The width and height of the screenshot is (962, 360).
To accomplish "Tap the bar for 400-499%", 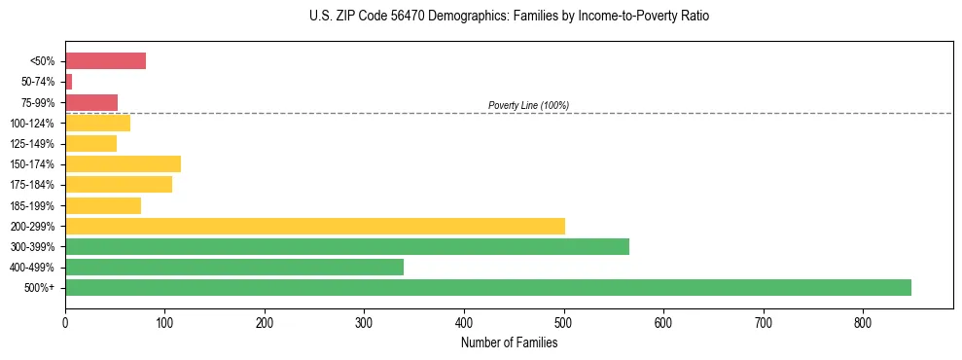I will pos(234,267).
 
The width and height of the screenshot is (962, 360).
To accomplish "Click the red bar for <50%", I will pos(105,61).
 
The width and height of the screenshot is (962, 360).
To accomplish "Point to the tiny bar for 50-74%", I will pos(69,82).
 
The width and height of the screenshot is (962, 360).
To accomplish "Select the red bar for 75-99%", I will pos(91,102).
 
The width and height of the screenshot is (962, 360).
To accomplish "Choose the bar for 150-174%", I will pos(123,163).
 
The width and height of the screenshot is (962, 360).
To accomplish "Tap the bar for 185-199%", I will pos(103,205).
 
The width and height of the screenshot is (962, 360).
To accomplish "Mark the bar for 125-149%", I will pos(90,143).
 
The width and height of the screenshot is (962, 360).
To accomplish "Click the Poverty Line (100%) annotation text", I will pos(528,105).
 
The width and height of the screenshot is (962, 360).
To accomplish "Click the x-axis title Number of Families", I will pos(509,342).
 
